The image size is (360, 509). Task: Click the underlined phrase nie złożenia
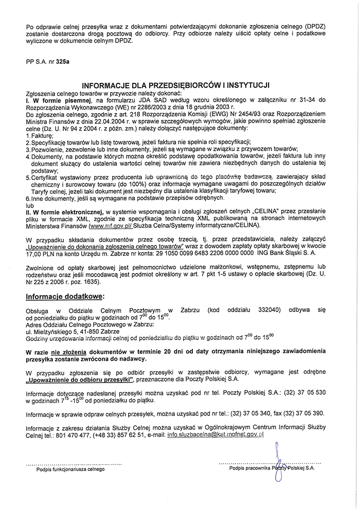pyautogui.click(x=64, y=350)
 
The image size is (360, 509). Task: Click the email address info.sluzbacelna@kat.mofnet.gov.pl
pyautogui.click(x=215, y=434)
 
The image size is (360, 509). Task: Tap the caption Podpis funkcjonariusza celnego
pyautogui.click(x=70, y=469)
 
